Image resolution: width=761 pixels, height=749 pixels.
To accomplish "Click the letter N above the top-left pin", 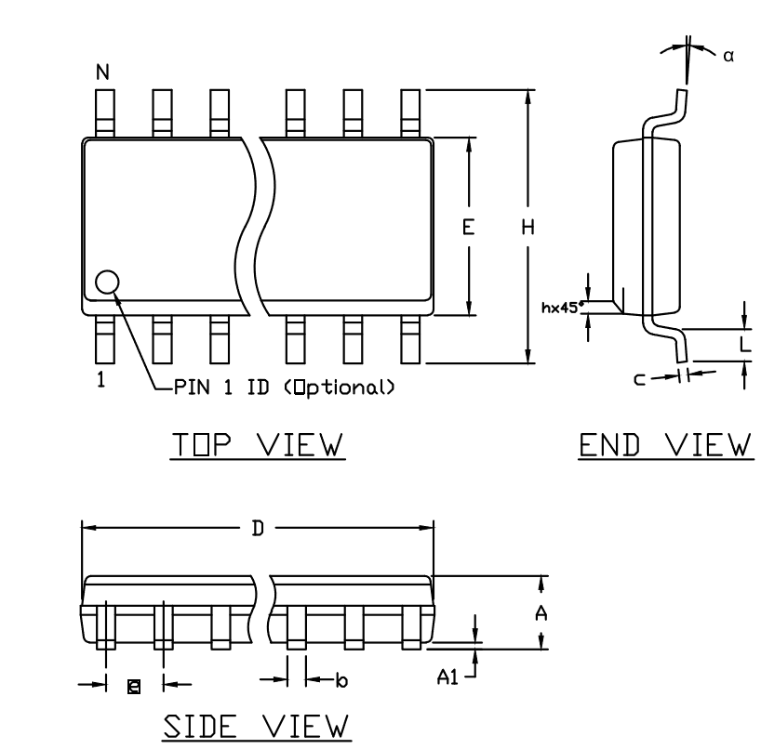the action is coord(102,72).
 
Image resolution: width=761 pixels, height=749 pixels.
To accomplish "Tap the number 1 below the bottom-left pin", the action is coord(101,379).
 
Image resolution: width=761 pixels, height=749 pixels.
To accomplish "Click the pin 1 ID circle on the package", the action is coord(107,283).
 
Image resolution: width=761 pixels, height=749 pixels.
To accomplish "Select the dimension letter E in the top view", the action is coord(468,227).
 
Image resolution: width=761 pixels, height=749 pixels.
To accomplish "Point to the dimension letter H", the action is coord(528,227).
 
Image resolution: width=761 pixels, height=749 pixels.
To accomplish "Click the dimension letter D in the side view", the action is coord(258,528).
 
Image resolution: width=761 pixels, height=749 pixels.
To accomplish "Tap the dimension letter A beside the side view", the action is coord(541,613).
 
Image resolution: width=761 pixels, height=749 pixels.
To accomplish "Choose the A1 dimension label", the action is coord(447,677).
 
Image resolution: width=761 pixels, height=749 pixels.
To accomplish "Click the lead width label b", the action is coord(342,680).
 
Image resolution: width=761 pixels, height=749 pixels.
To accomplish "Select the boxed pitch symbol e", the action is coord(134,687).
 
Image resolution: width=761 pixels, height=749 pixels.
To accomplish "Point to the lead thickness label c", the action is coord(640,379).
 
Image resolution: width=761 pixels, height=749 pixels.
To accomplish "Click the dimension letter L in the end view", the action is coord(745,344).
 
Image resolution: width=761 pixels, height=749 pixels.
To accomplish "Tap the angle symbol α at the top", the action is coord(728,57).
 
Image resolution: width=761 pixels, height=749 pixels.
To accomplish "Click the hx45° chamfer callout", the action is coord(562,308).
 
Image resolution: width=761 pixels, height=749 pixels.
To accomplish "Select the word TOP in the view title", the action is coord(202,444).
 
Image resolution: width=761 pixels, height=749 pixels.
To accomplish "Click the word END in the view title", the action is coord(609,444).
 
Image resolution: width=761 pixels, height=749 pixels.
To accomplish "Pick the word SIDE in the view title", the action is coord(199,726).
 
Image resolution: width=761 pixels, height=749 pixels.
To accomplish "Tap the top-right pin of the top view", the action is coord(410,113).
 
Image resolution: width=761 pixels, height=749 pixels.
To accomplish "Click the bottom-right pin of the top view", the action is coord(410,339).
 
